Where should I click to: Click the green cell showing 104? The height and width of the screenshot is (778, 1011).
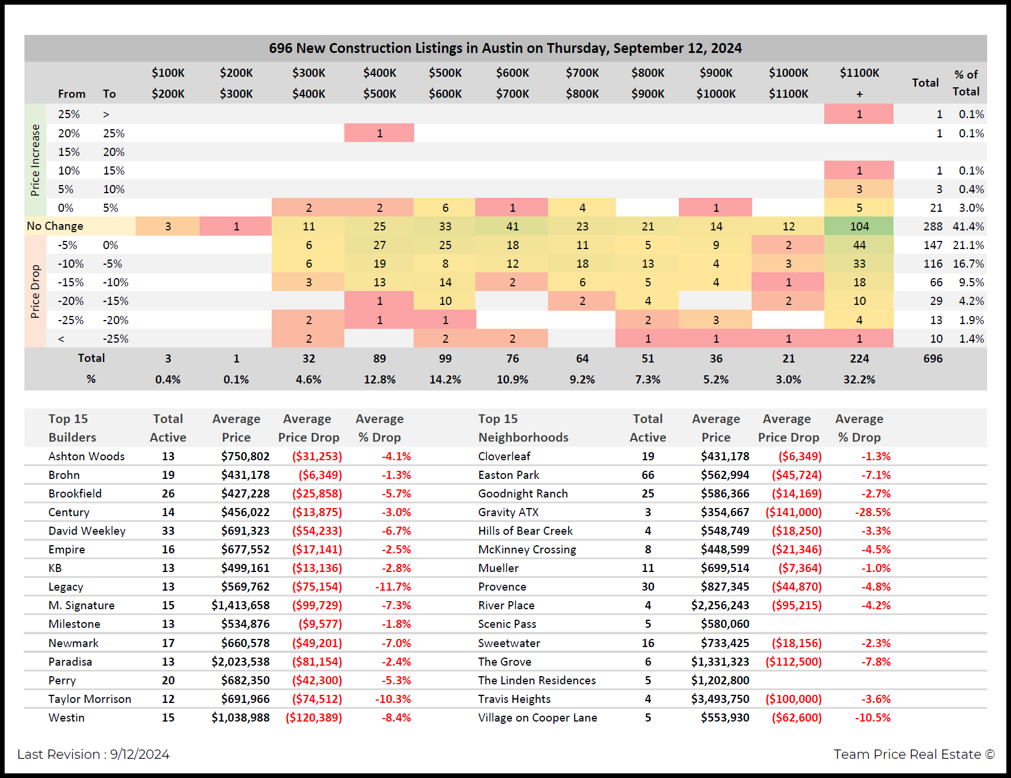(x=859, y=226)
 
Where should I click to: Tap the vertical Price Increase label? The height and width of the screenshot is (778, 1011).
(x=35, y=160)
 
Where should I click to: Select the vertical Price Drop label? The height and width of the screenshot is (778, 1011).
(x=35, y=292)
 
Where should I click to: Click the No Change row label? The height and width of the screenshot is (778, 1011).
(x=55, y=226)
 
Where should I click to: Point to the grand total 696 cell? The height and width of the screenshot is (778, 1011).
(x=932, y=358)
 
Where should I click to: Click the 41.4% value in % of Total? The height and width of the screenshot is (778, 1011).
(x=968, y=226)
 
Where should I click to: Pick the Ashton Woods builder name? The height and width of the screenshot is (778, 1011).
(x=87, y=456)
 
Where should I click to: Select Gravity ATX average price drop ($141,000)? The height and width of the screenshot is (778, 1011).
(x=793, y=512)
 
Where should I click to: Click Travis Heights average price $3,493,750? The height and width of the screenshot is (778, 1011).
(x=720, y=699)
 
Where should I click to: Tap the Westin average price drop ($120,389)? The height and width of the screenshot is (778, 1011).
(x=314, y=717)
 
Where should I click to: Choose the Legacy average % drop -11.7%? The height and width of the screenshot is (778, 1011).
(x=393, y=587)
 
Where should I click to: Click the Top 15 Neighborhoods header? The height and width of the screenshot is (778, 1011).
(x=523, y=428)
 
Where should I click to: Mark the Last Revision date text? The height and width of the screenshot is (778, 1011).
(x=93, y=754)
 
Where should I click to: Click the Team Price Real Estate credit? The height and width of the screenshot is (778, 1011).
(x=914, y=754)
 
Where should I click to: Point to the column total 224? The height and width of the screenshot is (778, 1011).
(x=859, y=358)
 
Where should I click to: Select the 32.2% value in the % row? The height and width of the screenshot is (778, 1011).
(x=859, y=379)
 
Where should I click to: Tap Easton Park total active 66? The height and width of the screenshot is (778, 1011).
(x=648, y=475)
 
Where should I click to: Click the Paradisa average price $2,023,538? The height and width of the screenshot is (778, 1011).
(x=241, y=662)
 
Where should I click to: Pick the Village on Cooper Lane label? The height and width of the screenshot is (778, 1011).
(x=537, y=717)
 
